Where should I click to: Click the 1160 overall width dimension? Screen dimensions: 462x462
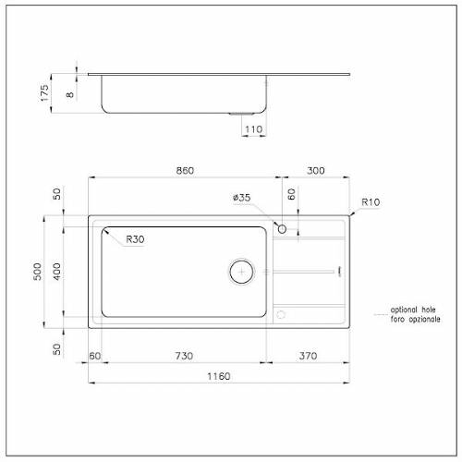[219, 376]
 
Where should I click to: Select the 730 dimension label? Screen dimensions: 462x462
[184, 356]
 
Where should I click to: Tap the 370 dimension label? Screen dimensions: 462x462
[308, 356]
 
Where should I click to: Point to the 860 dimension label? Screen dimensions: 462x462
[185, 170]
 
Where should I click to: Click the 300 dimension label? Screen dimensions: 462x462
[316, 170]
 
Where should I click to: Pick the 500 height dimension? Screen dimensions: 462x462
[37, 272]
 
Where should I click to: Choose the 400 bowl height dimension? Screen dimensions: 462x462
[56, 272]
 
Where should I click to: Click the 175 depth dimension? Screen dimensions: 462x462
[44, 93]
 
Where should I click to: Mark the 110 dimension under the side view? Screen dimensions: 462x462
[253, 129]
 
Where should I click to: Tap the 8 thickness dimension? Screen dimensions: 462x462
[70, 94]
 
